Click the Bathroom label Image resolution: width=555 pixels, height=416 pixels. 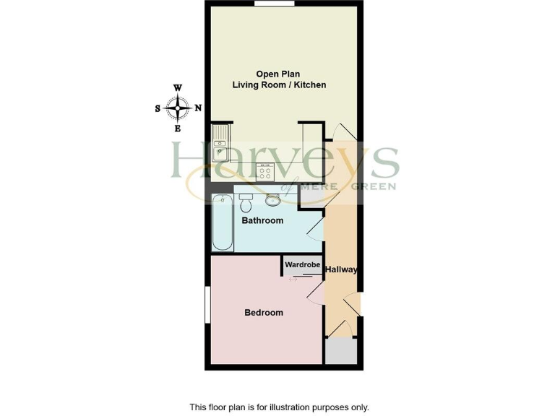pyautogui.click(x=262, y=220)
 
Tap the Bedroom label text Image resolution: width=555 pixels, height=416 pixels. pyautogui.click(x=263, y=313)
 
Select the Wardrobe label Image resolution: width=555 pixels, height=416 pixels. pyautogui.click(x=302, y=265)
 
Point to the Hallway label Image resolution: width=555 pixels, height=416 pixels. pyautogui.click(x=341, y=270)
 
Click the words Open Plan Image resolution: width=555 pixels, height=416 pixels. pyautogui.click(x=278, y=74)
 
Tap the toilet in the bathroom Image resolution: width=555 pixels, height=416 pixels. pyautogui.click(x=245, y=196)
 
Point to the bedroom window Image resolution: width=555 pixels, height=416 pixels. pyautogui.click(x=207, y=304)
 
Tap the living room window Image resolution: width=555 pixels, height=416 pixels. pyautogui.click(x=275, y=4)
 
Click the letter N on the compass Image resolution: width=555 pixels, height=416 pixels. pyautogui.click(x=198, y=108)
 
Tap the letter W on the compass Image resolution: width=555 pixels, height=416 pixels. pyautogui.click(x=177, y=89)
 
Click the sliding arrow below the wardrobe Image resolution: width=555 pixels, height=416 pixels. pyautogui.click(x=293, y=279)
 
